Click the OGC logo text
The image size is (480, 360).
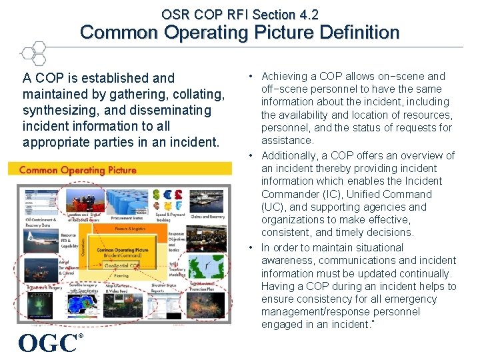tap(48, 342)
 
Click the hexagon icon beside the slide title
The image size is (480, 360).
tap(33, 53)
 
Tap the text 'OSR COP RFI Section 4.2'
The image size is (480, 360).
tap(240, 14)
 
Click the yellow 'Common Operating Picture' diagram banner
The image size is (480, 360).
tap(120, 170)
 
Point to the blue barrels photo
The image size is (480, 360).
tap(129, 201)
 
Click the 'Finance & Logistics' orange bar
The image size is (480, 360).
tap(131, 229)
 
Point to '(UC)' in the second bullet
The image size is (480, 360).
tap(271, 207)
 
